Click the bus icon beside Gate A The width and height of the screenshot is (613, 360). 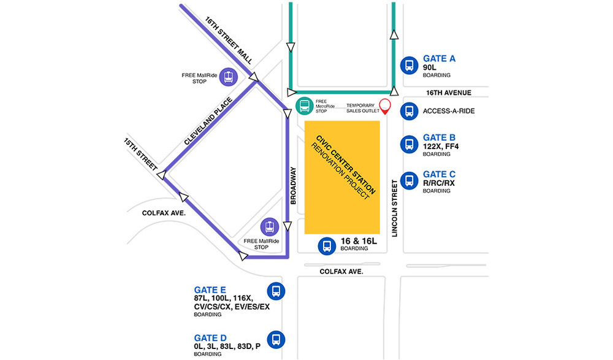409,65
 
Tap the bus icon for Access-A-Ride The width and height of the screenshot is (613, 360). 409,111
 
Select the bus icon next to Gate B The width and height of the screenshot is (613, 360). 409,144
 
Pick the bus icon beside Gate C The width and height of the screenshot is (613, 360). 409,180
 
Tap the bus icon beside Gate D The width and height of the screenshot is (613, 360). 276,339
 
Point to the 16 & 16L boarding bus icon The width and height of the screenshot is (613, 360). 326,246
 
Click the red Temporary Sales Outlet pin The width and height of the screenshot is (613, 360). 385,107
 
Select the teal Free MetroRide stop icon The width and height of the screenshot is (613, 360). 303,106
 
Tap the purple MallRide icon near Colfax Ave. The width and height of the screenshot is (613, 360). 270,226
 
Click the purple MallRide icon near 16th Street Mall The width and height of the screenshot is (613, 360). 228,77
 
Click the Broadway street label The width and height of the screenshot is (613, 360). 293,185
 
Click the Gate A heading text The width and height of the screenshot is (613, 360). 439,59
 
